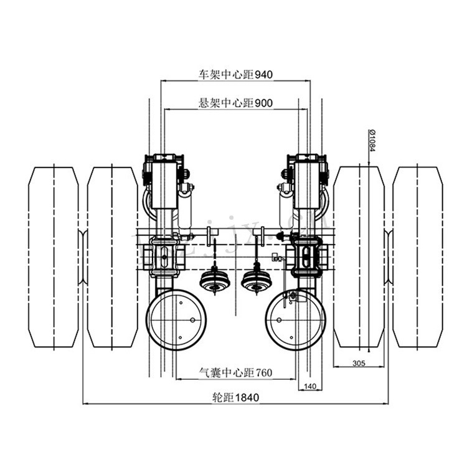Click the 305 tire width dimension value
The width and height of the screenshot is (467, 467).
(358, 362)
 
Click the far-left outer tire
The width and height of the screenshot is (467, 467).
(54, 257)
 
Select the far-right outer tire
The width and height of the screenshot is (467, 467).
(417, 257)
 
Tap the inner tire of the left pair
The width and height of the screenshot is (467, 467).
(112, 257)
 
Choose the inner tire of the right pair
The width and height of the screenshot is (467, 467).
(359, 257)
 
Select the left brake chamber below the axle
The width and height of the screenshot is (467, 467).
(215, 281)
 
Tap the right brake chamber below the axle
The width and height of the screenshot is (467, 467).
(255, 281)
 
